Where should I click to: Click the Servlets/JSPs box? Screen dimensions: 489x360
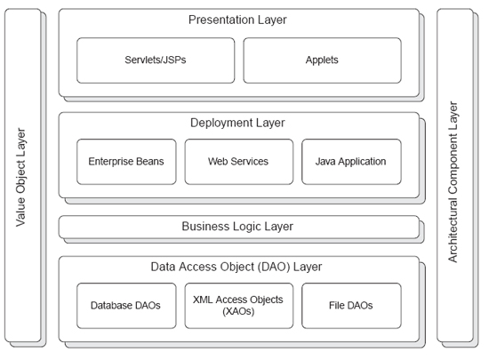click(156, 60)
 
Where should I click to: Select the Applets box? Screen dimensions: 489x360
click(322, 60)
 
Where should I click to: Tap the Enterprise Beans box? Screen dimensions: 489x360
click(126, 162)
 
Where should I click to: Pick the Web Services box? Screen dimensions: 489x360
click(239, 162)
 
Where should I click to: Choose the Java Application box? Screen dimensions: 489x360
click(351, 162)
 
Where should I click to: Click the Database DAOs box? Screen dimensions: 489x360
click(126, 306)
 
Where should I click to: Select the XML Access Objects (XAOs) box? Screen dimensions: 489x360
click(239, 306)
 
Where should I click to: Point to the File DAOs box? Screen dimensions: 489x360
click(351, 306)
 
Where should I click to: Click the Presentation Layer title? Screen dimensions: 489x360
click(237, 20)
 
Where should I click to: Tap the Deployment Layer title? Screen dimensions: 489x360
click(237, 124)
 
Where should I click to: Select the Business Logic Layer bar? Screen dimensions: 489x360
click(239, 227)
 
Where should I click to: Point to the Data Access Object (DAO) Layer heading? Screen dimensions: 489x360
click(236, 268)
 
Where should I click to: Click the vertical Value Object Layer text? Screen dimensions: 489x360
click(20, 177)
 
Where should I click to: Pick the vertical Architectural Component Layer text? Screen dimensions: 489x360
click(453, 182)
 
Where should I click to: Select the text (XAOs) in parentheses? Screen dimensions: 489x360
click(238, 311)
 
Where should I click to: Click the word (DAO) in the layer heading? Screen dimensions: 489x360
click(274, 268)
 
